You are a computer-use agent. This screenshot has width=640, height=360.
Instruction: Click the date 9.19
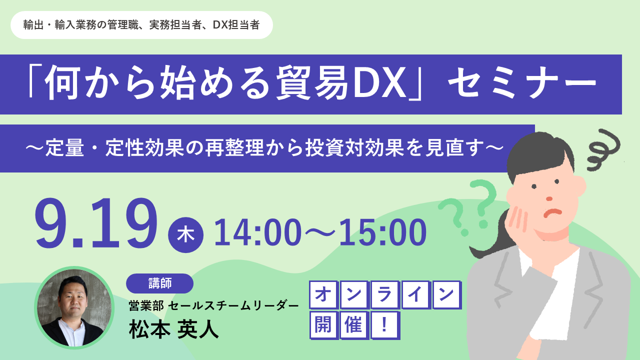point(96,223)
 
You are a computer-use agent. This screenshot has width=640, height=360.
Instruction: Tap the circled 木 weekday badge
point(185,235)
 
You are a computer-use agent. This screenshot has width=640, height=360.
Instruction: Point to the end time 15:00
point(383,232)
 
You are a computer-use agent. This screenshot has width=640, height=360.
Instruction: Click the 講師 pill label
point(159,283)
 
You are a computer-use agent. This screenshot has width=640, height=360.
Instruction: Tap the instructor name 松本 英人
point(173,329)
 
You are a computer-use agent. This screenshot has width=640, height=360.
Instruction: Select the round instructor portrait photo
point(74,307)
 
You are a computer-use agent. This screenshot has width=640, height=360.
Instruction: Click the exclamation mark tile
point(384,325)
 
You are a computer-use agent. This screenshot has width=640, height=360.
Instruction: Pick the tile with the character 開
point(323,325)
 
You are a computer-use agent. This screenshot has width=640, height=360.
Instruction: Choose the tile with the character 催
point(354,325)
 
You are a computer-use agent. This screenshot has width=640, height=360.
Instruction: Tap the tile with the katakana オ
point(323,294)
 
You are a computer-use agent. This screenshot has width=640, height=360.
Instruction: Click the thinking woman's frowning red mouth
point(552,213)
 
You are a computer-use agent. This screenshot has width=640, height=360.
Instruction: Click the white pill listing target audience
point(141,25)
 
